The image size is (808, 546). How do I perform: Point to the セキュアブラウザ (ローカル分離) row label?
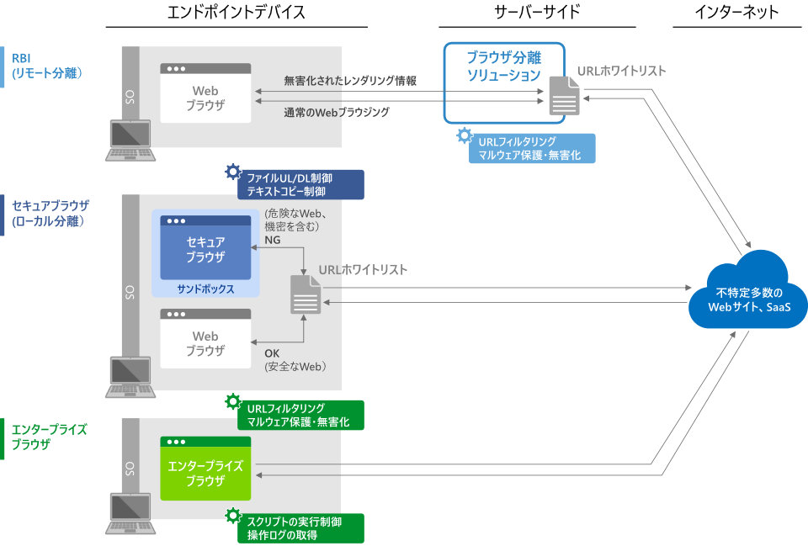(50, 213)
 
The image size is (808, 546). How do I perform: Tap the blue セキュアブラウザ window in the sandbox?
(205, 249)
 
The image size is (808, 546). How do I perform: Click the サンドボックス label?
(205, 289)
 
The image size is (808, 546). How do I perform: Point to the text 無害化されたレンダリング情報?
(350, 81)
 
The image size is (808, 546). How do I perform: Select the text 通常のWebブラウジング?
(337, 112)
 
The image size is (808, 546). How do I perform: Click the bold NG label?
(273, 240)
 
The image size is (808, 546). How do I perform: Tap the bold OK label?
(273, 353)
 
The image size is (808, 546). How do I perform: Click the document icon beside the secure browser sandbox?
(306, 294)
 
